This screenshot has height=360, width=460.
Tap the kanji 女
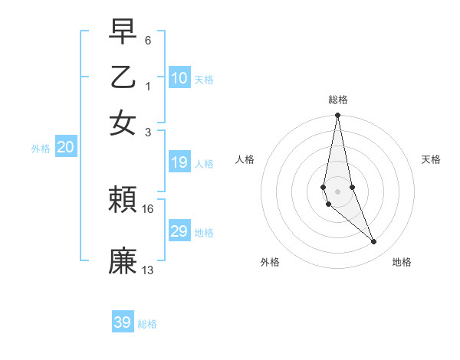123,123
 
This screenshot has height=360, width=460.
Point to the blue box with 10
179,77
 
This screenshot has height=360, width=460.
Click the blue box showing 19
179,162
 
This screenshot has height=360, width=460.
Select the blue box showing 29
179,231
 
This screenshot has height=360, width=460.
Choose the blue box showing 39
123,322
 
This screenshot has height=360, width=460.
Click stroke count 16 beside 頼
148,208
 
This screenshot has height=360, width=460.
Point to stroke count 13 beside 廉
148,270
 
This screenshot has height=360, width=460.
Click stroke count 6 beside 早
147,39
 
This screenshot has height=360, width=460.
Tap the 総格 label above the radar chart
337,100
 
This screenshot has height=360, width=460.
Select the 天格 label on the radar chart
431,159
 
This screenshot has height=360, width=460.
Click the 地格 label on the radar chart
402,262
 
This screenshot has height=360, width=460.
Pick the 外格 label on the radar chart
270,262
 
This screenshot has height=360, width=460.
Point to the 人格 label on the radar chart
245,159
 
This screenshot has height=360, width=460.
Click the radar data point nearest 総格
337,116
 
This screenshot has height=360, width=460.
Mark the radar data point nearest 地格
374,241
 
